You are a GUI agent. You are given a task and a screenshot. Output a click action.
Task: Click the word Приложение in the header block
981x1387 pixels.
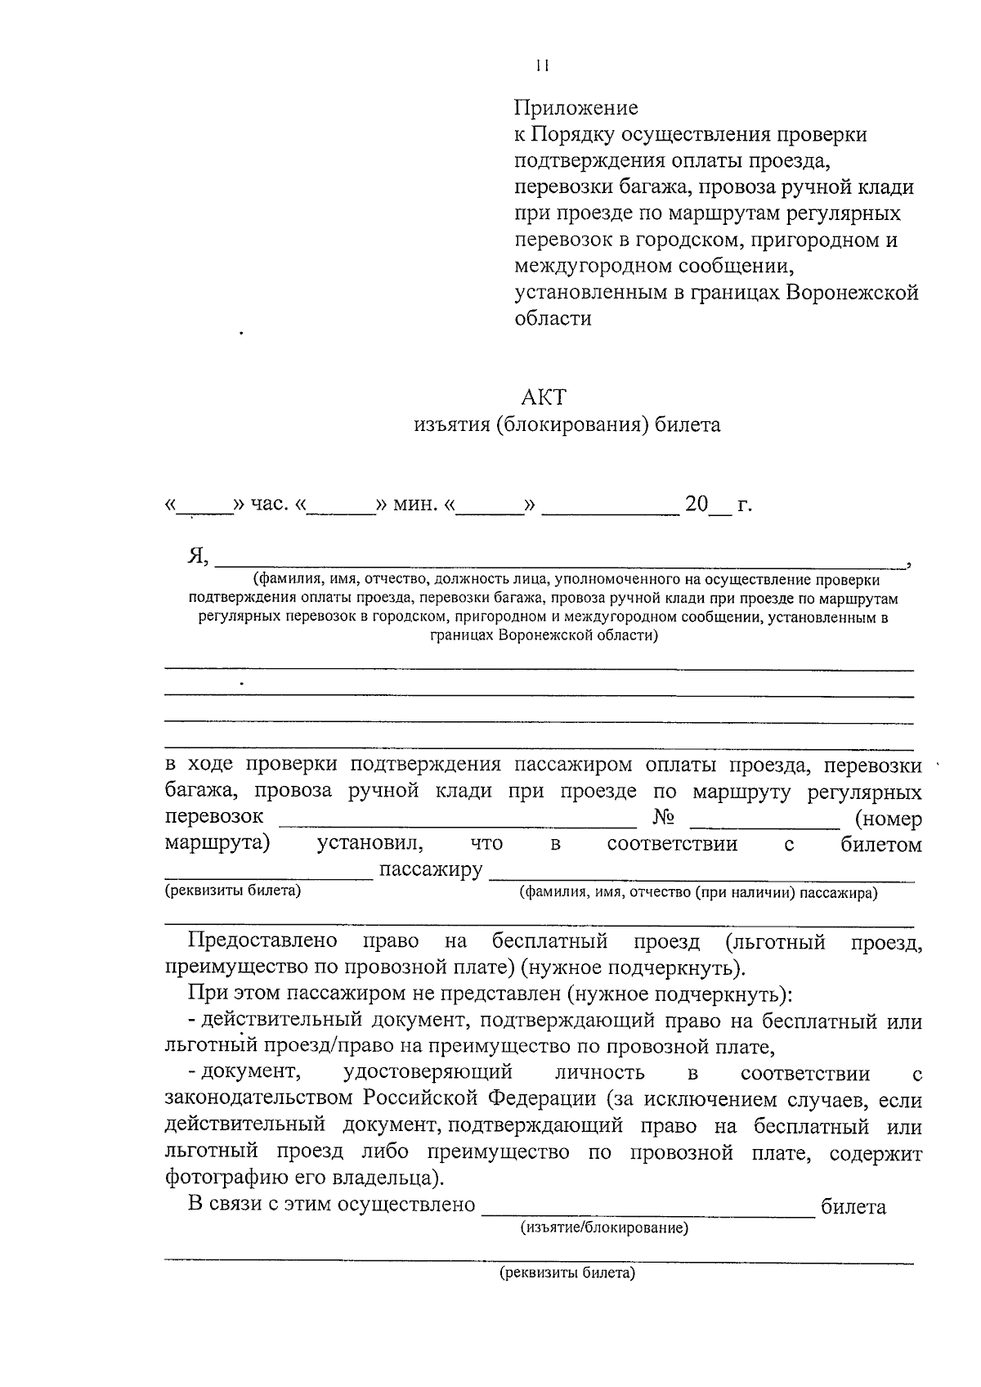[x=576, y=108]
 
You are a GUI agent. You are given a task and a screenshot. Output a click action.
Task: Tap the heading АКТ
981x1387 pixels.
[x=543, y=397]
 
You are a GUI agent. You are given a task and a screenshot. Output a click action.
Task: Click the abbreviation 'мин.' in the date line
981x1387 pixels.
[x=415, y=504]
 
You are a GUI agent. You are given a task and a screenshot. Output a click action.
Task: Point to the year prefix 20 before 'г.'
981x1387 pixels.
[x=696, y=504]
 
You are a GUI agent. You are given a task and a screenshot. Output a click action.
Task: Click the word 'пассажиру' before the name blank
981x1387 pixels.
[x=431, y=869]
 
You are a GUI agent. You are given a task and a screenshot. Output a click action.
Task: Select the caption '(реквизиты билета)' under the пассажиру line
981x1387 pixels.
[x=233, y=891]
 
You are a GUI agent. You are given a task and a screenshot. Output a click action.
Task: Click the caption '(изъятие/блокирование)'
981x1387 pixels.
[x=604, y=1228]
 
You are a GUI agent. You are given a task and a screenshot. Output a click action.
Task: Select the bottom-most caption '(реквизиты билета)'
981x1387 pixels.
[x=567, y=1273]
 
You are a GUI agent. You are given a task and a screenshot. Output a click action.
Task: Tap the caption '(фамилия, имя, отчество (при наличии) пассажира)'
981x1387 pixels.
[x=699, y=893]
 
